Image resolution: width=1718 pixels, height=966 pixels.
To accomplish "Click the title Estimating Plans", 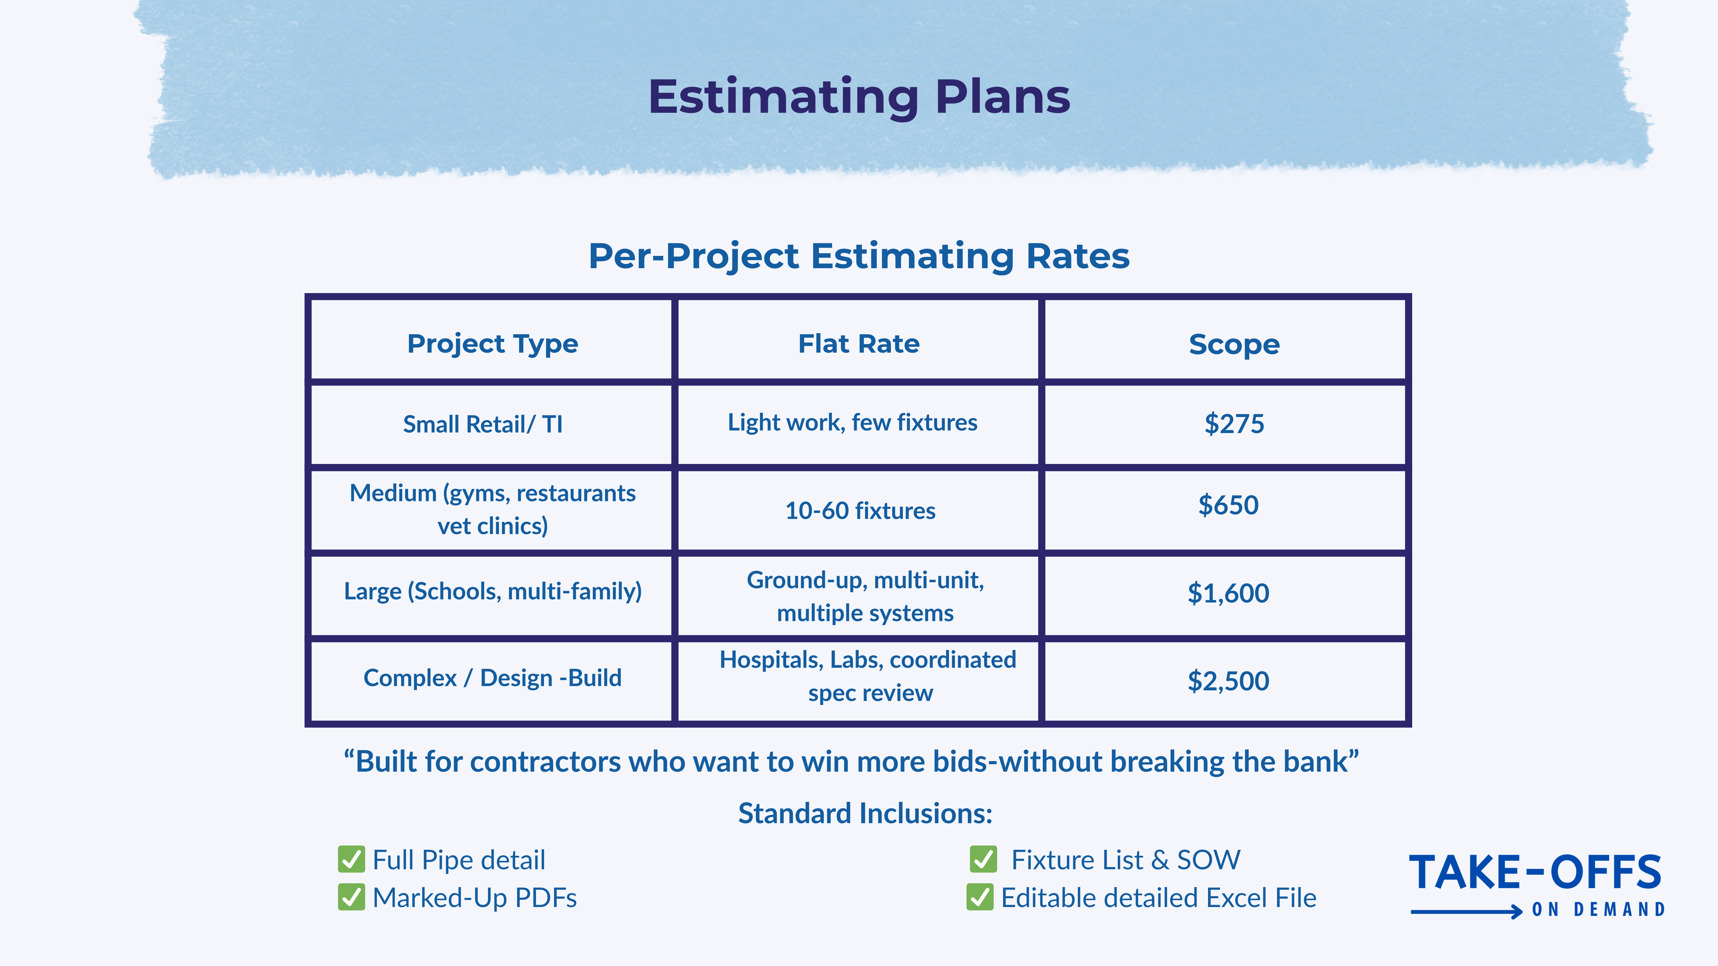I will (x=859, y=97).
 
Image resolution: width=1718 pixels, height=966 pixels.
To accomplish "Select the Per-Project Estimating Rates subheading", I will (x=859, y=256).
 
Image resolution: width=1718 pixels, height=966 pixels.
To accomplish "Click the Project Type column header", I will (x=492, y=344).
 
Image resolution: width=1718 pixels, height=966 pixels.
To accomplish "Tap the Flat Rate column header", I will (x=859, y=344).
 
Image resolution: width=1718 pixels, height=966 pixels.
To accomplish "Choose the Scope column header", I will (x=1234, y=344).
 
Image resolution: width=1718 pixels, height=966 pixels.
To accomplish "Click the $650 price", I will (x=1228, y=505).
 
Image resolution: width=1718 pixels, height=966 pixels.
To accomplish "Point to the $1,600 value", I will (x=1228, y=593).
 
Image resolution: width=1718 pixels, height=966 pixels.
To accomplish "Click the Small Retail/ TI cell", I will (x=483, y=424).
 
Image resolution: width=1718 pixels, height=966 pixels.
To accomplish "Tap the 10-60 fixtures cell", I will (x=860, y=511).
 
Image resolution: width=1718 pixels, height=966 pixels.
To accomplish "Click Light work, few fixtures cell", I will (x=852, y=423).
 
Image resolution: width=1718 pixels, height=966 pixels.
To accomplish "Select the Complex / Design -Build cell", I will (x=492, y=678).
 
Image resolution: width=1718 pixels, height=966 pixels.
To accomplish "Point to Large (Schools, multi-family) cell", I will (x=492, y=591).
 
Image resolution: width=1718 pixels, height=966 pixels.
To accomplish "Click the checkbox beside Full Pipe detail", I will (x=351, y=859).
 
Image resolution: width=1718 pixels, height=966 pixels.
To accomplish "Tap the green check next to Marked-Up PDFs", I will (x=351, y=897).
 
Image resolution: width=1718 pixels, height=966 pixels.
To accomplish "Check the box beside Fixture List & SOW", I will (x=983, y=859).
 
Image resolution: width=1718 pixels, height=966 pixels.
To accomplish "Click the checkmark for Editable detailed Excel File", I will (x=980, y=897).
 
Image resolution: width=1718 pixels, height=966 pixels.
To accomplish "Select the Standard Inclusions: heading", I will (x=865, y=813).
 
